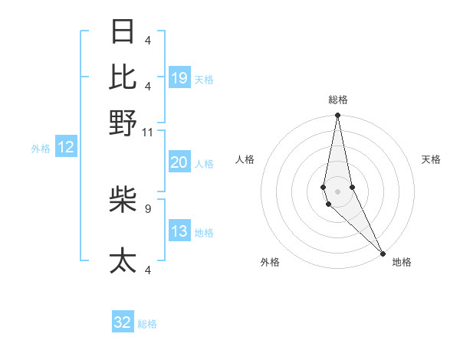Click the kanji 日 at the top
pyautogui.click(x=123, y=31)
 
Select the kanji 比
pyautogui.click(x=123, y=77)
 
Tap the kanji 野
pyautogui.click(x=123, y=123)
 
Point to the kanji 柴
pyautogui.click(x=123, y=199)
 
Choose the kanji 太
pyautogui.click(x=123, y=260)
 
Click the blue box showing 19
pyautogui.click(x=179, y=78)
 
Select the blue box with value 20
pyautogui.click(x=179, y=162)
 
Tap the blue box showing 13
pyautogui.click(x=179, y=231)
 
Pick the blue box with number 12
pyautogui.click(x=66, y=148)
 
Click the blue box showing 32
pyautogui.click(x=123, y=322)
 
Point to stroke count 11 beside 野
pyautogui.click(x=148, y=132)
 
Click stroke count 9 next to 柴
pyautogui.click(x=148, y=208)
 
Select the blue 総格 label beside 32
pyautogui.click(x=147, y=324)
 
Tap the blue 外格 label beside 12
pyautogui.click(x=41, y=149)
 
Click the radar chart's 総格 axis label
pyautogui.click(x=338, y=100)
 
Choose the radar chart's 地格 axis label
pyautogui.click(x=402, y=262)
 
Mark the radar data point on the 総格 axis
pyautogui.click(x=337, y=116)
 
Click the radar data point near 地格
pyautogui.click(x=383, y=252)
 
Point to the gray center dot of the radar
pyautogui.click(x=337, y=191)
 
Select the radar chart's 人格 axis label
pyautogui.click(x=245, y=159)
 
